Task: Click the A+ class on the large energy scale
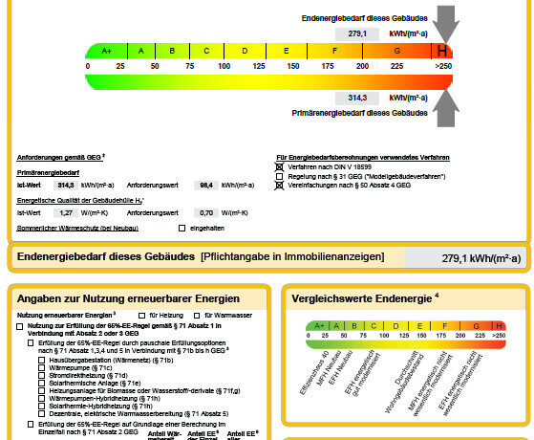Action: pyautogui.click(x=106, y=51)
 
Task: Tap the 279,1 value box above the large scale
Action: pyautogui.click(x=357, y=33)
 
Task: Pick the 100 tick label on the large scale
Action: pyautogui.click(x=224, y=66)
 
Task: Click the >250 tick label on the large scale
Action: pyautogui.click(x=443, y=66)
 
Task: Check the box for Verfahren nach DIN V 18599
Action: pyautogui.click(x=280, y=166)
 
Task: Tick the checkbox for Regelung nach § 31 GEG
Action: pyautogui.click(x=280, y=176)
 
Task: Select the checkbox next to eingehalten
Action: pyautogui.click(x=182, y=228)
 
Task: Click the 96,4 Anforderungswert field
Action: pyautogui.click(x=203, y=185)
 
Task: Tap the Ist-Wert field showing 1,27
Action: pyautogui.click(x=64, y=211)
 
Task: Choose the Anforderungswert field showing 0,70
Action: pyautogui.click(x=203, y=211)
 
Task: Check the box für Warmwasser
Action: pyautogui.click(x=197, y=315)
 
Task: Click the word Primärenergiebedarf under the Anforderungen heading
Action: pyautogui.click(x=49, y=172)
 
